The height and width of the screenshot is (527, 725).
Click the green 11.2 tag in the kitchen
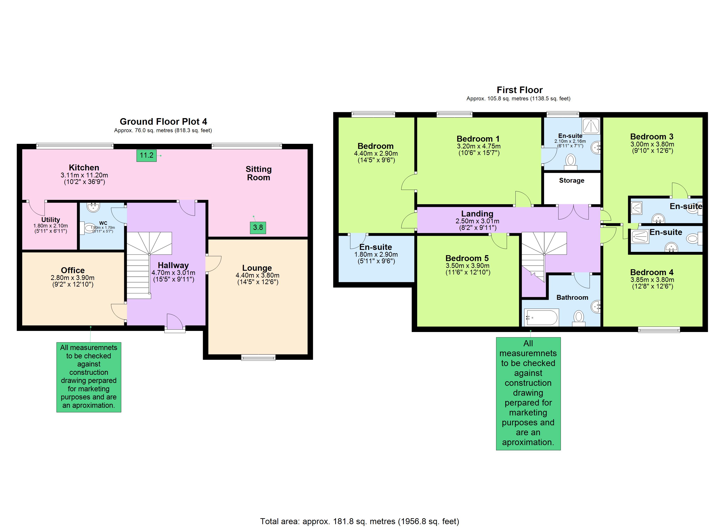[x=146, y=155]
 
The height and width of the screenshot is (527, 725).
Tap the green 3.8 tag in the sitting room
[x=258, y=227]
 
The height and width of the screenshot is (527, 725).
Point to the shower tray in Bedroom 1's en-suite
[x=590, y=126]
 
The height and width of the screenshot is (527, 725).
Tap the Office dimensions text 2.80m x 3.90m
[x=72, y=278]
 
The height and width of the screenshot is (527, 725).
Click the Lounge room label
[x=257, y=268]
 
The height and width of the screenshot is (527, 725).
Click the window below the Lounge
[x=258, y=358]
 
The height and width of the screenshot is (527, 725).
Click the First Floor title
[x=519, y=90]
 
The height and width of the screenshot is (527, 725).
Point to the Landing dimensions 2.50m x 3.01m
[x=477, y=221]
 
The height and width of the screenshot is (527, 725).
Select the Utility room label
[x=51, y=220]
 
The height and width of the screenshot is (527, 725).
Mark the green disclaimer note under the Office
[x=89, y=377]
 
